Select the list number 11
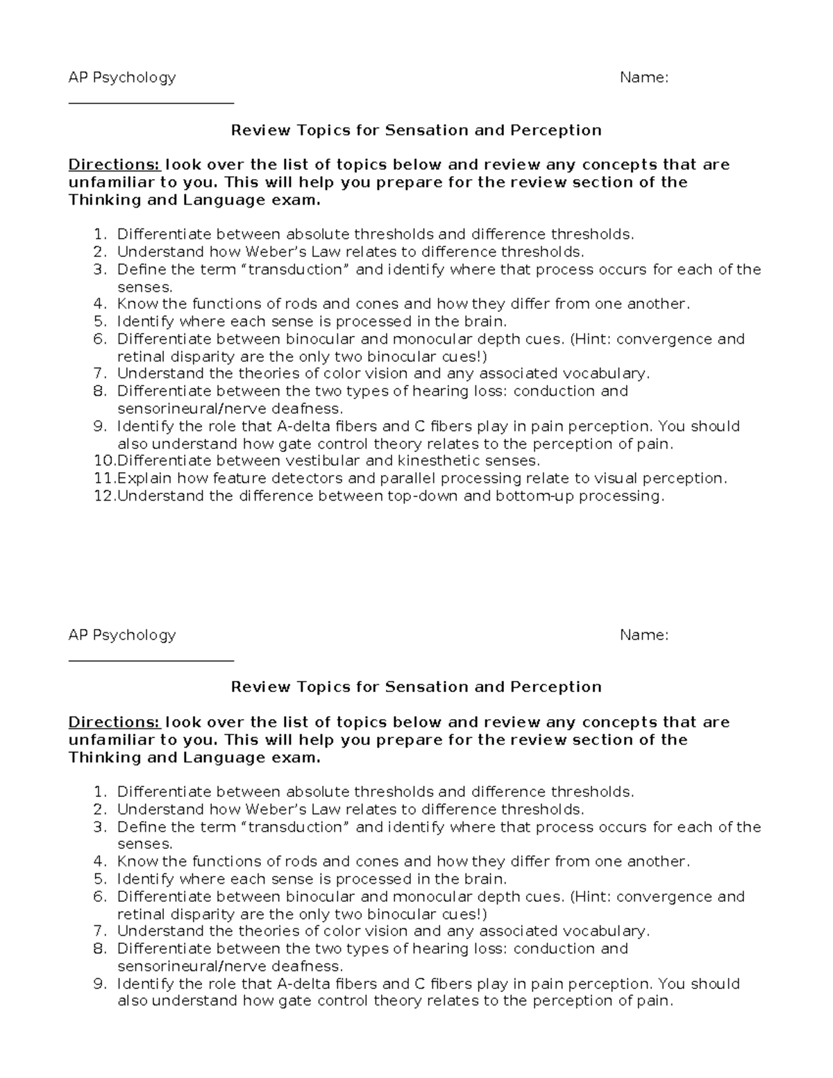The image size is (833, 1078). coord(104,478)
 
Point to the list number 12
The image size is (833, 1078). coord(104,496)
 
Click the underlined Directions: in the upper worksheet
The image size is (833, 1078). coord(114,165)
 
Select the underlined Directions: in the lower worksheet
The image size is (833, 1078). coord(114,723)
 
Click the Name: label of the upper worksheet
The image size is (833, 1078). coord(643,78)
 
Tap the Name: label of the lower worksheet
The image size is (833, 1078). coord(643,635)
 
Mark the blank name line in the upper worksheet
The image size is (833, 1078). coord(151,103)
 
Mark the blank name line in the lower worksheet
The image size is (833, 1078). coord(151,660)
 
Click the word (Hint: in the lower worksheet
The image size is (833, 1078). coord(591,897)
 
